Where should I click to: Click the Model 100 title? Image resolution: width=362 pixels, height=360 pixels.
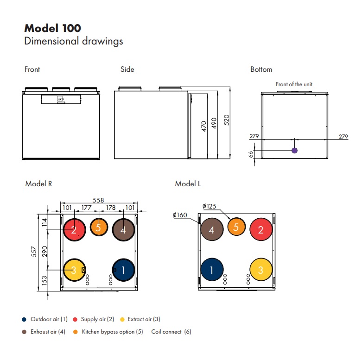[52, 28]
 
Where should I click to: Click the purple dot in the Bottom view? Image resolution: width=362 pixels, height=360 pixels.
[294, 151]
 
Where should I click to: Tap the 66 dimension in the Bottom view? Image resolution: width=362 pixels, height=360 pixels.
[252, 154]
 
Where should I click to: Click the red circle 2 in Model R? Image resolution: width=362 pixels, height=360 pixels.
[74, 229]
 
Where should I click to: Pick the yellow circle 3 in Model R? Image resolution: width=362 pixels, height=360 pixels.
[74, 270]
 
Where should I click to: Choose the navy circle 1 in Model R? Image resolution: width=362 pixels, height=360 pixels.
[124, 270]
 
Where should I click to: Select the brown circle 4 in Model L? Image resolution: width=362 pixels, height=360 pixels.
[212, 229]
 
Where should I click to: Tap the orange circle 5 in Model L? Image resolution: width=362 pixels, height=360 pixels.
[236, 227]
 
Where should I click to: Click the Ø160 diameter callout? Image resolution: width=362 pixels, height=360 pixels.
[179, 215]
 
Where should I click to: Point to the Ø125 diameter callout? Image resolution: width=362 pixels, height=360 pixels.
[210, 206]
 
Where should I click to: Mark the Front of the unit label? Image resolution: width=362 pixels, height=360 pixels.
[294, 84]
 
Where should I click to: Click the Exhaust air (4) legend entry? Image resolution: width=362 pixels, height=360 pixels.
[48, 332]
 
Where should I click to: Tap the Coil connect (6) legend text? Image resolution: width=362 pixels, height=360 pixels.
[171, 332]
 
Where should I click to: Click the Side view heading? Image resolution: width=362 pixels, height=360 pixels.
[127, 69]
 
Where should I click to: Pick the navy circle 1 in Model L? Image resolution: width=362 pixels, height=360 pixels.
[212, 270]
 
